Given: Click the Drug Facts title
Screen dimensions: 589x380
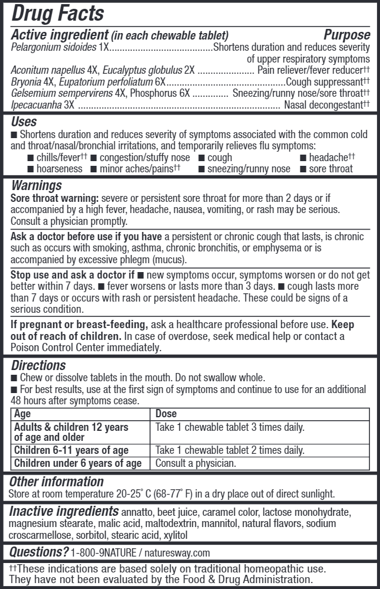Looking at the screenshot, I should pyautogui.click(x=58, y=13).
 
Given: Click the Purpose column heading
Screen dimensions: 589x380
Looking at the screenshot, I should pyautogui.click(x=347, y=35).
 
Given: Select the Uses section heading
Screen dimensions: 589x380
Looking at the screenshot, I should pyautogui.click(x=24, y=122).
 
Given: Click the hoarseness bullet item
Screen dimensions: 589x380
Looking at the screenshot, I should pyautogui.click(x=58, y=169).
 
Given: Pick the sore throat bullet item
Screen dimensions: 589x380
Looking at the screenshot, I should pyautogui.click(x=330, y=169).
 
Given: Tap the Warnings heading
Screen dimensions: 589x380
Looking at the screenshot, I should pyautogui.click(x=36, y=186).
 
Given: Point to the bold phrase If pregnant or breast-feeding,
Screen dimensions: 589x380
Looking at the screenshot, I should pyautogui.click(x=79, y=325).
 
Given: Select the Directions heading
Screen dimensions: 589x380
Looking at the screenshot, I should pyautogui.click(x=38, y=365).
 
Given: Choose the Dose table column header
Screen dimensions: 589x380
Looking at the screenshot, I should pyautogui.click(x=166, y=414).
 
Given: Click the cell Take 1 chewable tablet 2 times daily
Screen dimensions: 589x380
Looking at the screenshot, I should pyautogui.click(x=230, y=450).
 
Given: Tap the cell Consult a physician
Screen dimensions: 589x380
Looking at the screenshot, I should pyautogui.click(x=195, y=463).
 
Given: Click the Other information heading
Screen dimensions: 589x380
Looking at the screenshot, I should pyautogui.click(x=56, y=482).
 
